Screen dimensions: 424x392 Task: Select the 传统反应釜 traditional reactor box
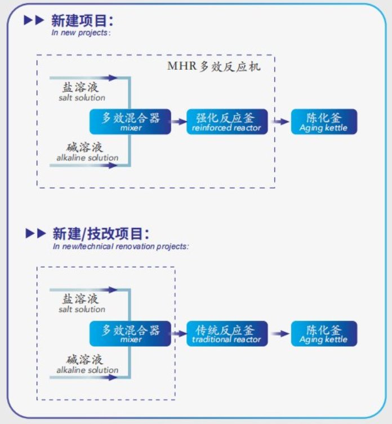coord(227,333)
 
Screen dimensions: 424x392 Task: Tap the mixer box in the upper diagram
coord(130,122)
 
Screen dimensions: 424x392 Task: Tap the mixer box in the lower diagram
coord(130,333)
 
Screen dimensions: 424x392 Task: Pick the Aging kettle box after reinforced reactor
coord(324,122)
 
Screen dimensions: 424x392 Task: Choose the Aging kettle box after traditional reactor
coord(324,333)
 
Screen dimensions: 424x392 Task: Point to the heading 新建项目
coord(82,21)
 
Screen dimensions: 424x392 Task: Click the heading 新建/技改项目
coord(101,234)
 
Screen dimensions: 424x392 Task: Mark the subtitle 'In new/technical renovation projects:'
coord(121,246)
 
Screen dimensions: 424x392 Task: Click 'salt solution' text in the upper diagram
coord(82,98)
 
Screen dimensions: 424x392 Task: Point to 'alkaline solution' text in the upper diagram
coord(87,158)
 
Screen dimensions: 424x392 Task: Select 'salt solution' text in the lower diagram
coord(82,310)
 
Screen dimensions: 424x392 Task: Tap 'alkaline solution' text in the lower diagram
coord(87,370)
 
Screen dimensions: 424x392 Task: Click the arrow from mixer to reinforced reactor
coord(179,121)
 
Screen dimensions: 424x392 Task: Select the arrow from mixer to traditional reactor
coord(179,333)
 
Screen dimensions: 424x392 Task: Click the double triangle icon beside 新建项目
coord(34,21)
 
